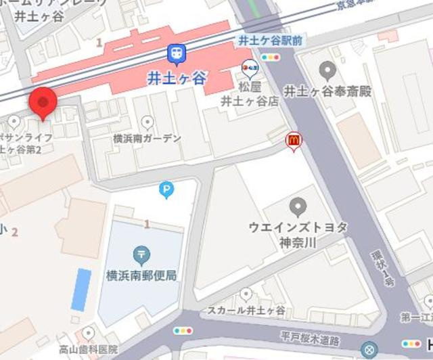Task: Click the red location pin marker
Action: (x=43, y=104)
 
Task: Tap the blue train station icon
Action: (x=177, y=52)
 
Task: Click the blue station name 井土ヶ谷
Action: (x=177, y=76)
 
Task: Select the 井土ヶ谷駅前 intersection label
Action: (x=270, y=41)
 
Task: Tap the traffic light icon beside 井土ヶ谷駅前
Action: (x=272, y=58)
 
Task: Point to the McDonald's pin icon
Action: (x=294, y=139)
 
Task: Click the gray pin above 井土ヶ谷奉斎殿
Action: (x=327, y=69)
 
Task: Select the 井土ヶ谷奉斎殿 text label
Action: (x=327, y=91)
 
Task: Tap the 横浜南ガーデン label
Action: (x=147, y=138)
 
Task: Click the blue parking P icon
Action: (x=166, y=191)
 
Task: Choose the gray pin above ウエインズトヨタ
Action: (x=298, y=206)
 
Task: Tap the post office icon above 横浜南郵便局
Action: (x=142, y=255)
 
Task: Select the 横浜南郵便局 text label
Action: (x=141, y=275)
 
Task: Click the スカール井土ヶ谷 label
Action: (x=246, y=310)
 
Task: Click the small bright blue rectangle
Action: (x=81, y=289)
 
